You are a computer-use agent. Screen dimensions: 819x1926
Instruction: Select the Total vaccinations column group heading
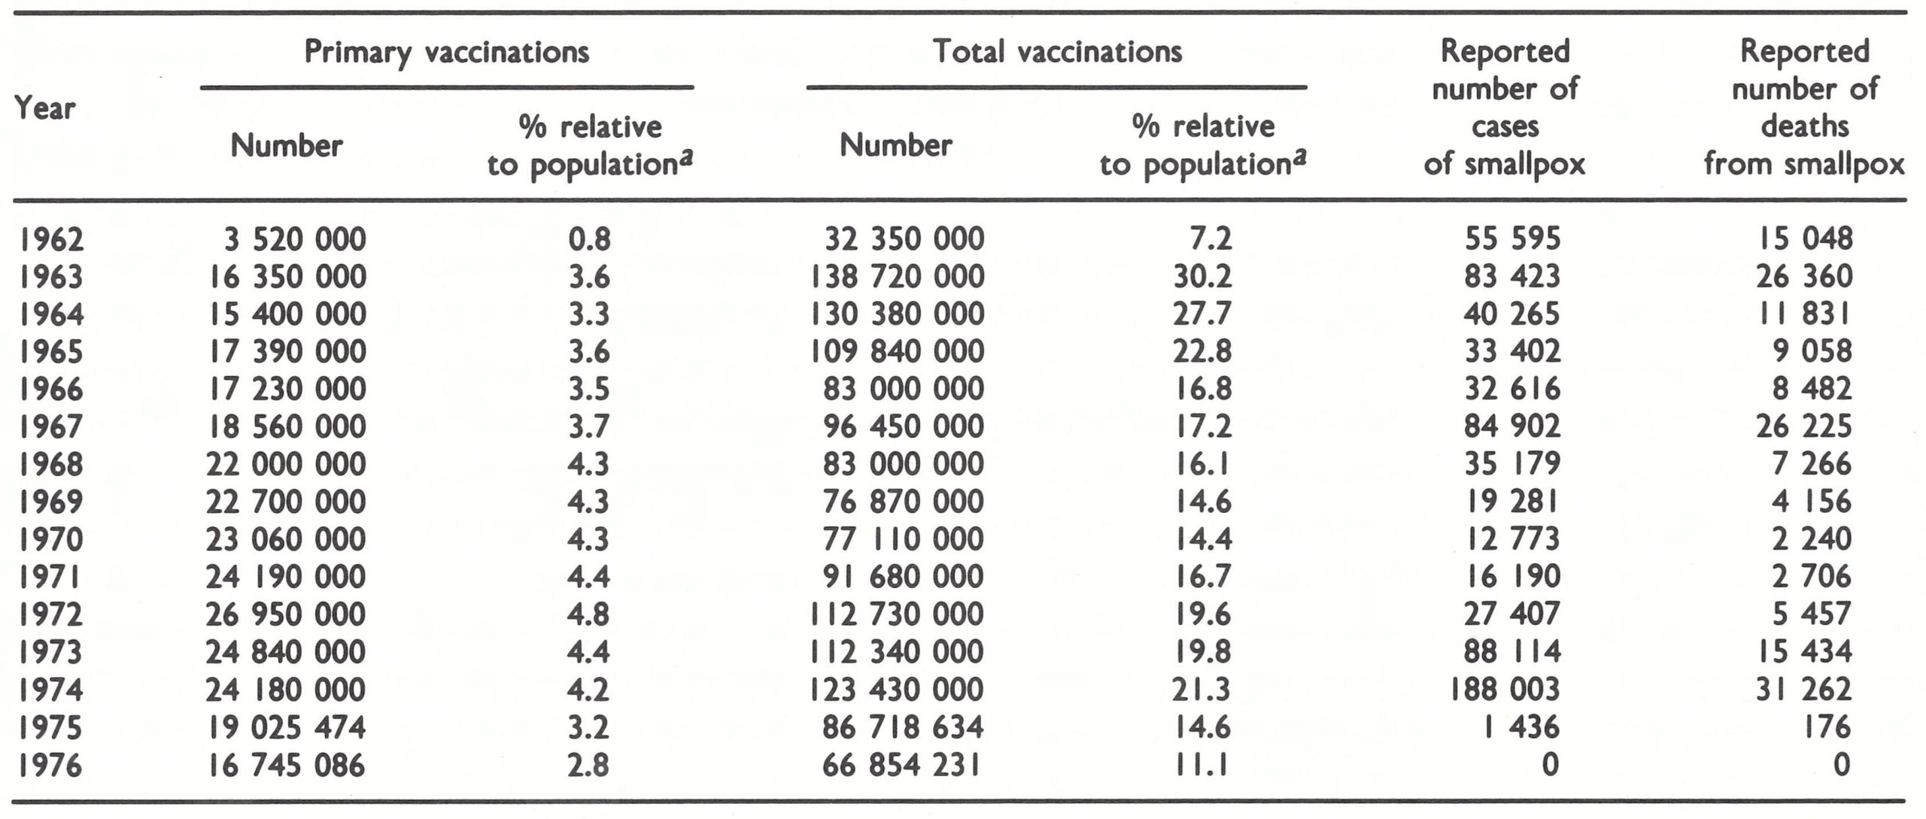(x=1057, y=52)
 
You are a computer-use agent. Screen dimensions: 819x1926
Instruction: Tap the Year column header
(x=45, y=109)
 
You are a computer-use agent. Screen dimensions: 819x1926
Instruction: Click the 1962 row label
(x=50, y=239)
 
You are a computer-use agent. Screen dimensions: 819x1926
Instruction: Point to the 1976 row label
(x=50, y=766)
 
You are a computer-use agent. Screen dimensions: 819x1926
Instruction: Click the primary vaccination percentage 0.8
(x=588, y=239)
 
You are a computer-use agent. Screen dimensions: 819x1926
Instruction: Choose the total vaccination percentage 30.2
(x=1201, y=277)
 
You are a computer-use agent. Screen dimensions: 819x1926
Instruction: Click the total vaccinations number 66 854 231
(x=902, y=766)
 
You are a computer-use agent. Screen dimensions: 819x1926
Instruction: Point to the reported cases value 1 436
(x=1518, y=727)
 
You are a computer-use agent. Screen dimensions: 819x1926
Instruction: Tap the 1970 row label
(x=50, y=539)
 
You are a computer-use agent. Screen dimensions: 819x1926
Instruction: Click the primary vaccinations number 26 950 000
(x=286, y=614)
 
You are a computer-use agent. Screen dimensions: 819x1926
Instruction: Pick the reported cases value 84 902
(x=1511, y=426)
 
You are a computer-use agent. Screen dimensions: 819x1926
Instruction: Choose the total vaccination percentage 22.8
(x=1201, y=351)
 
